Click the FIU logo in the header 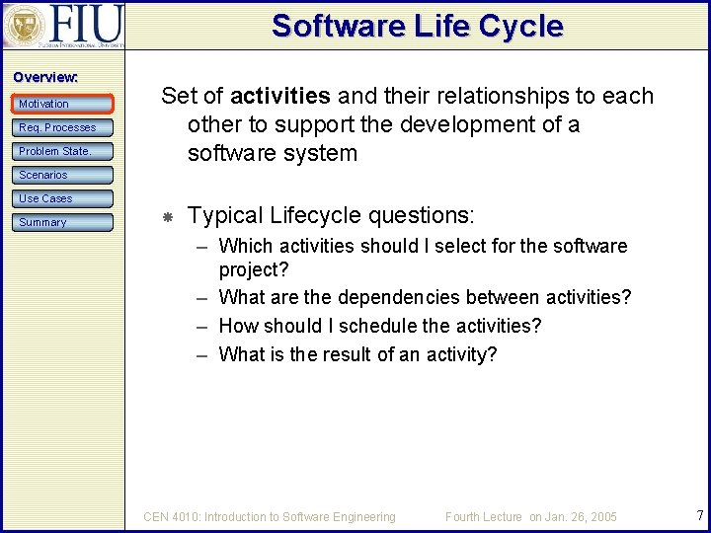63,25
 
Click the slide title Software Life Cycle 417,25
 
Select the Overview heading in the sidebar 45,77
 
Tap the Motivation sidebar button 63,104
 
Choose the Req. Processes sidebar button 63,127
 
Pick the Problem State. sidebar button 63,151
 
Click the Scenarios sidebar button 63,175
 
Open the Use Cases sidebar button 63,198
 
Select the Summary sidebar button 63,222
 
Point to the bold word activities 279,96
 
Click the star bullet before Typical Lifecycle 168,216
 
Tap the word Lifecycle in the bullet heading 318,215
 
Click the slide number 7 699,515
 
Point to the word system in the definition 321,153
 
